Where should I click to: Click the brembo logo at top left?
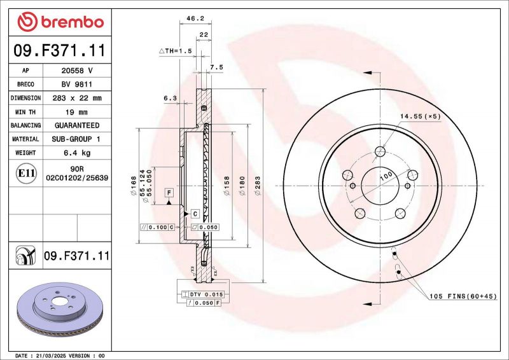60,22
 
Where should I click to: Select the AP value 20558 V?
76,70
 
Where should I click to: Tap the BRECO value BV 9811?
76,84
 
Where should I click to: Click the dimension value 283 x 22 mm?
76,98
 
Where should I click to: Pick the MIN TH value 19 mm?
76,112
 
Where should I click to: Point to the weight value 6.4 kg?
76,153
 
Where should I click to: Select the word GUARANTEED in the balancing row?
76,125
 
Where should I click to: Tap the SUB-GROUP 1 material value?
76,139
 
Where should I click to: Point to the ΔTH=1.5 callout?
175,50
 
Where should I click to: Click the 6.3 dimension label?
170,99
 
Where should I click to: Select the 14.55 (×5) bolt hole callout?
421,116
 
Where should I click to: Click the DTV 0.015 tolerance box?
203,294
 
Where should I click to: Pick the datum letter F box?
169,192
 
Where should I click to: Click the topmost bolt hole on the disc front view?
380,151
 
